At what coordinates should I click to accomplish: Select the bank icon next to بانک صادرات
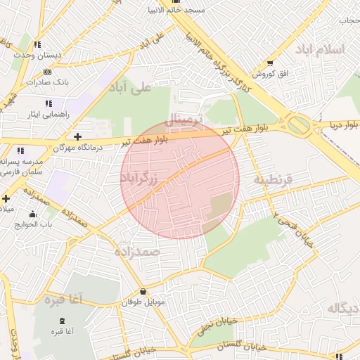point(47,72)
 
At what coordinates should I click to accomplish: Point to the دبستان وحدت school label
point(39,55)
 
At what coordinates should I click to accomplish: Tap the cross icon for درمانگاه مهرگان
point(77,136)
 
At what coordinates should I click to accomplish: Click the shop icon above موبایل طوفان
point(143,292)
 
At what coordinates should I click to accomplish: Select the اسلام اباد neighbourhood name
point(321,49)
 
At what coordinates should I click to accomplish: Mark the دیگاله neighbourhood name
point(344,307)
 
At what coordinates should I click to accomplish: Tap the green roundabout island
point(299,125)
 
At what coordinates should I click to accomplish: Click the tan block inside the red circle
point(220,206)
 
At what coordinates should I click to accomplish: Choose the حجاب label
point(349,20)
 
